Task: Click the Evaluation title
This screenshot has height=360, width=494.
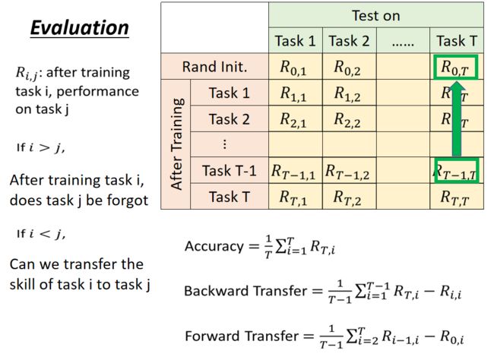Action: [x=80, y=27]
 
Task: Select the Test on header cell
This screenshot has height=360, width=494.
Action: [x=376, y=15]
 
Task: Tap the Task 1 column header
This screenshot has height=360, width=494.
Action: [x=295, y=40]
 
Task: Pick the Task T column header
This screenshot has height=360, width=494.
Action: [x=457, y=40]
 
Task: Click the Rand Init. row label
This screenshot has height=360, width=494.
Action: [x=214, y=67]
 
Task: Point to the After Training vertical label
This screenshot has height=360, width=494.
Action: [x=176, y=144]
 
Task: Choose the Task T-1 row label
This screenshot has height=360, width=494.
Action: [x=229, y=170]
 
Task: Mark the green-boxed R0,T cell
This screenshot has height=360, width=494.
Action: [x=455, y=67]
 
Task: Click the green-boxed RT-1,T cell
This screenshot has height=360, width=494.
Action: [x=457, y=170]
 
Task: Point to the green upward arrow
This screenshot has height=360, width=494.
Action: [x=457, y=119]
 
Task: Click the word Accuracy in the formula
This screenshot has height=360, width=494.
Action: [x=214, y=246]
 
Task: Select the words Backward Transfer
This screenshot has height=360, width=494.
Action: [x=245, y=291]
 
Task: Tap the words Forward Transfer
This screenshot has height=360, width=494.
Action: [x=242, y=336]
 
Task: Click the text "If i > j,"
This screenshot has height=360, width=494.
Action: [x=40, y=147]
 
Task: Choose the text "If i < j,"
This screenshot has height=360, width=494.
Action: [x=41, y=233]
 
